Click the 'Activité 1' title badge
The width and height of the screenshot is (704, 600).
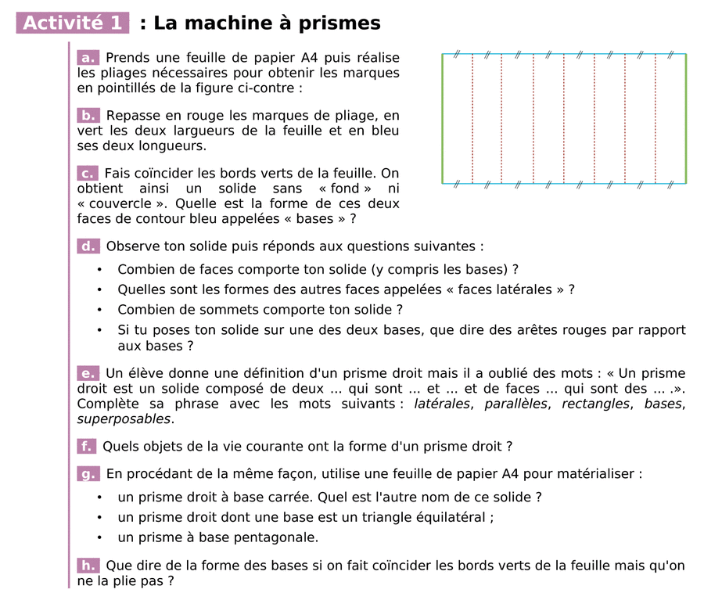click(x=73, y=23)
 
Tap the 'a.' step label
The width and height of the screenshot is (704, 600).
click(x=88, y=57)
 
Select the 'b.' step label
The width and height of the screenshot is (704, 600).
click(x=88, y=115)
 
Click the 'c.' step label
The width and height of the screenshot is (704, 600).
click(x=88, y=173)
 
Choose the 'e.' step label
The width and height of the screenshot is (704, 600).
click(x=88, y=373)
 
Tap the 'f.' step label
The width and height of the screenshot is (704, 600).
click(x=86, y=446)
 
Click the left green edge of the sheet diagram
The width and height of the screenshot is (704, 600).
click(x=443, y=119)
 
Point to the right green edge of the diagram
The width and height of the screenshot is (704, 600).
click(x=686, y=119)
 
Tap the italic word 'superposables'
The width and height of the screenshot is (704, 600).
click(x=124, y=419)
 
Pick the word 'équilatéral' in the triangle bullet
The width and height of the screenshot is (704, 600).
click(x=453, y=517)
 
